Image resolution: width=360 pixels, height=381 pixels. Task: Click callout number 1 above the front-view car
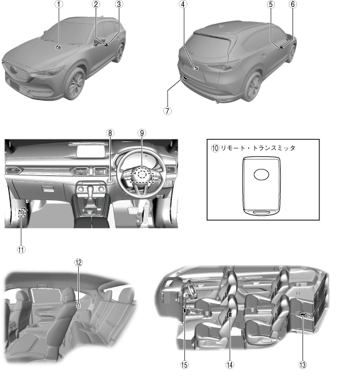tap(59, 4)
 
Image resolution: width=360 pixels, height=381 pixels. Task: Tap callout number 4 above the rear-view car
tap(184, 4)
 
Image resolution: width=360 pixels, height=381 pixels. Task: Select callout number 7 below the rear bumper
tap(167, 111)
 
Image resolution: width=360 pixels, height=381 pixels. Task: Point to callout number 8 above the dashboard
tap(110, 133)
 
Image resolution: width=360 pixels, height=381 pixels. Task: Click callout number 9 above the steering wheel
tap(142, 133)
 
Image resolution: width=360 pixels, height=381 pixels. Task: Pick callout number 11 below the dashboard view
tap(21, 250)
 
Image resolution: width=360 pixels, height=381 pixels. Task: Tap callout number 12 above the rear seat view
tap(78, 262)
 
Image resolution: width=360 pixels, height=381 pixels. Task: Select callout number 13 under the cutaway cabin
tap(302, 365)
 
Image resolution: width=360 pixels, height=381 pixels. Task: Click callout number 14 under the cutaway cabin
tap(229, 365)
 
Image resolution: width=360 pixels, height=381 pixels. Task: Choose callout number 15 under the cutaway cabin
tap(184, 365)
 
